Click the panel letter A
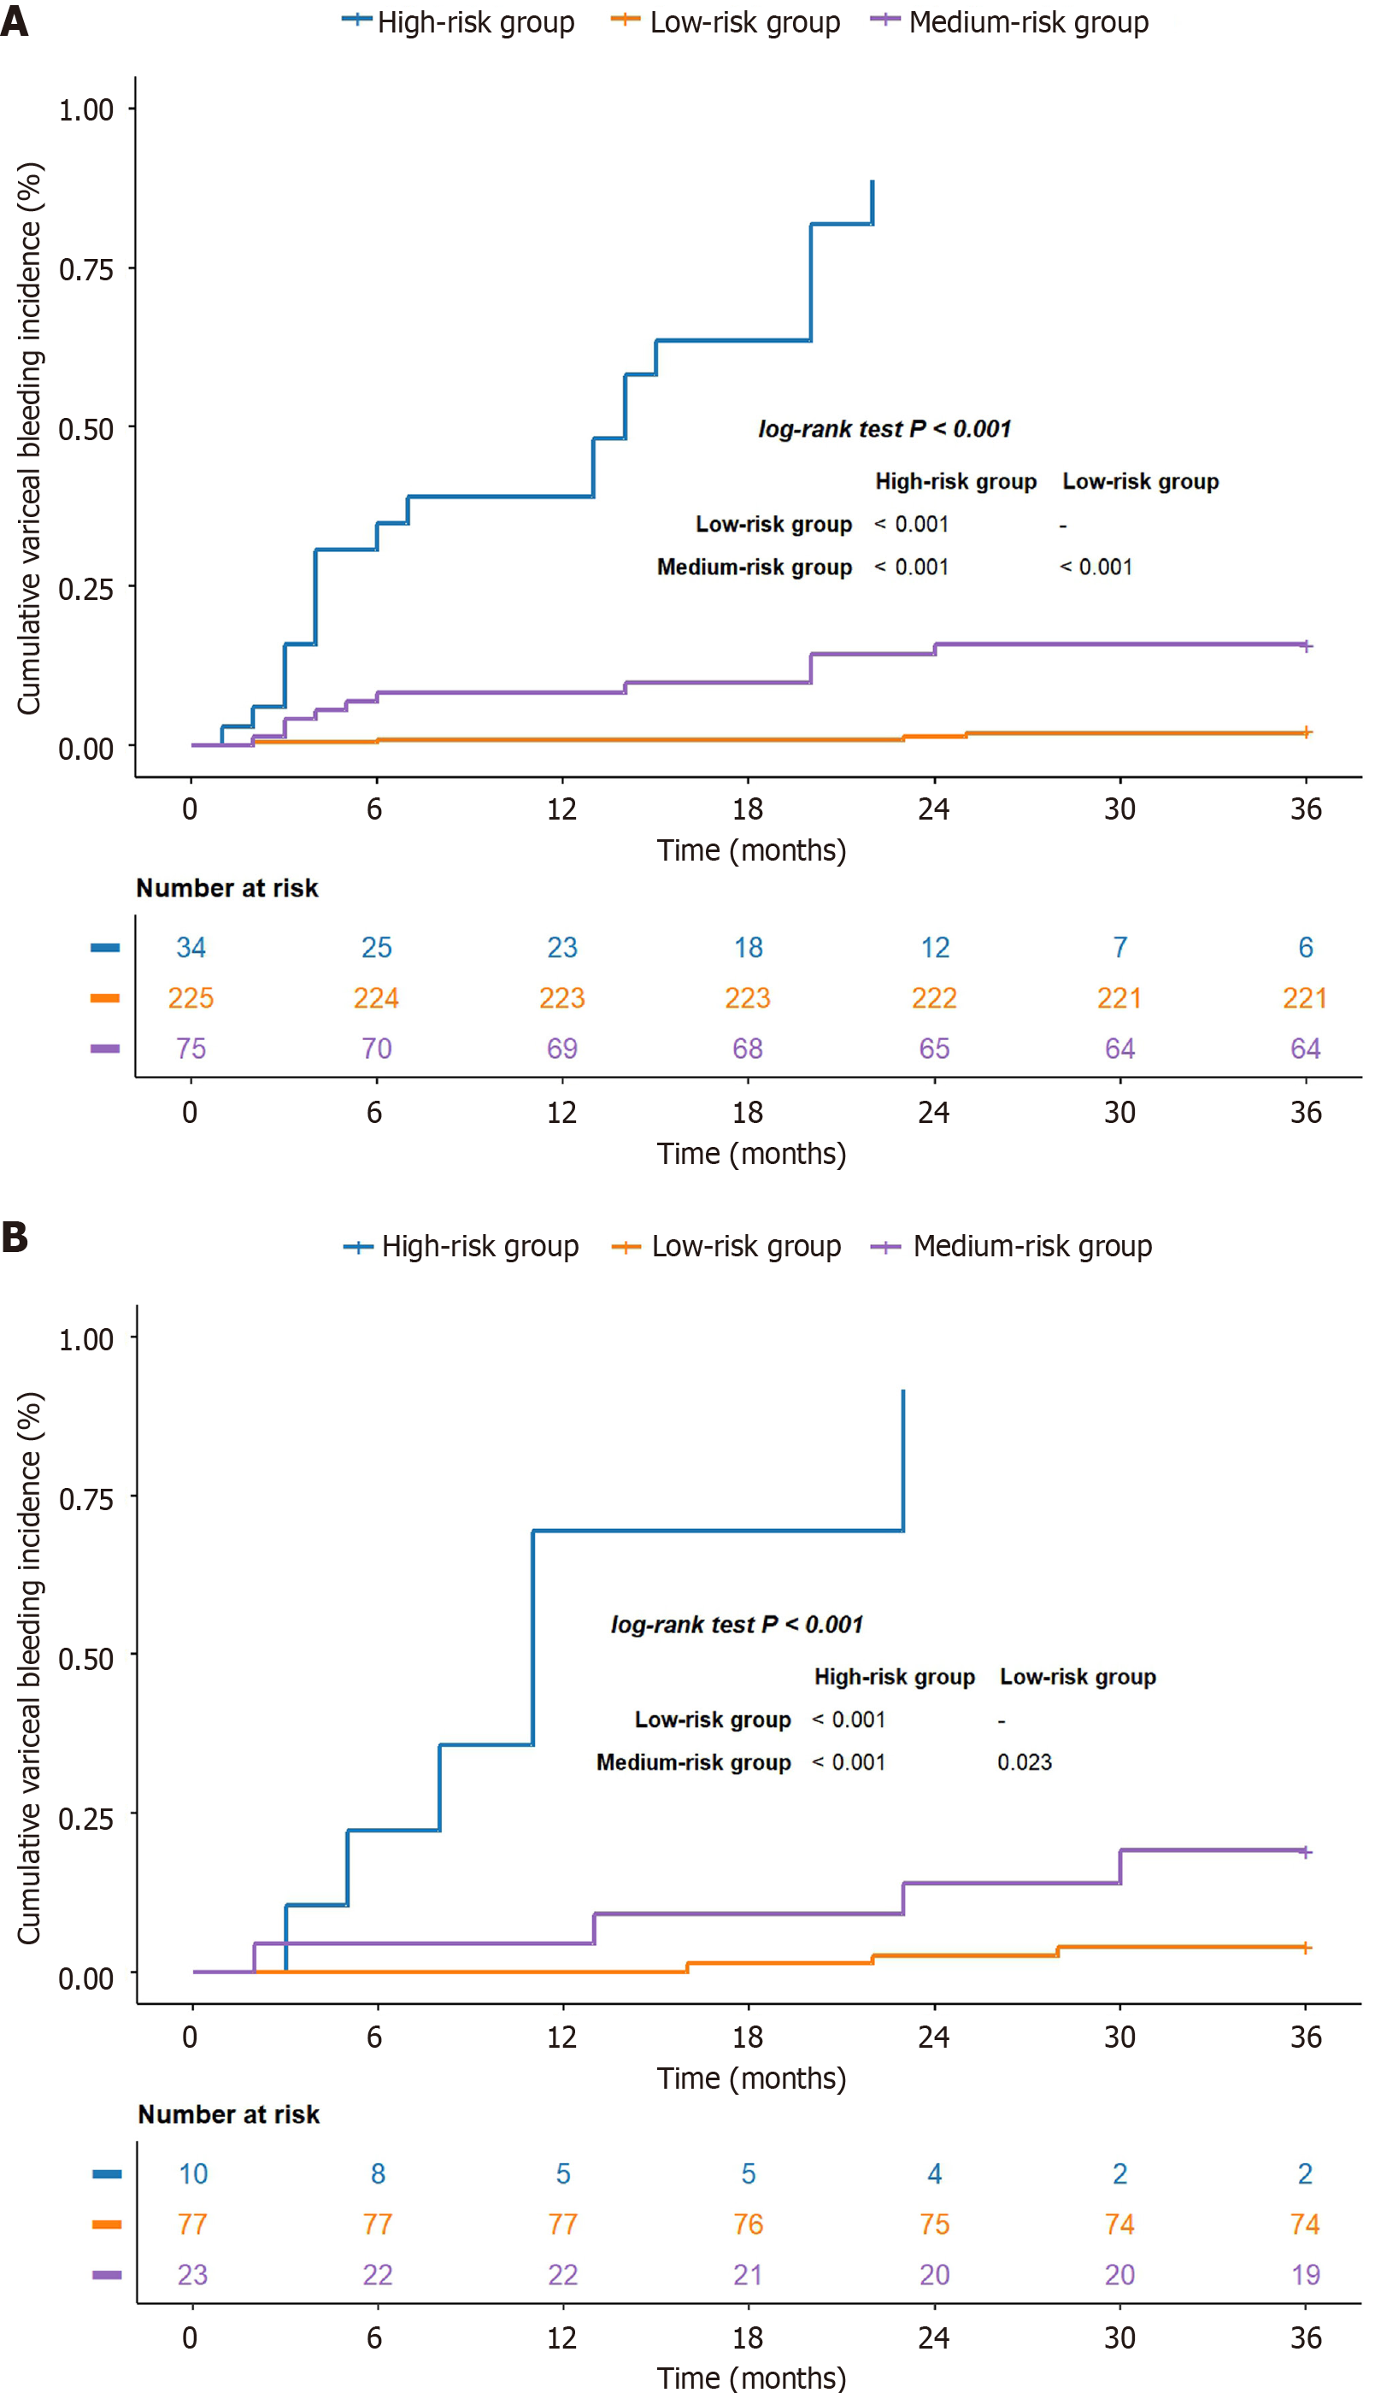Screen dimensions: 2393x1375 coord(15,21)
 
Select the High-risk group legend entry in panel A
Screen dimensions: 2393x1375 coord(459,21)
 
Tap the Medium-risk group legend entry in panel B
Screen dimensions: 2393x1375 coord(1012,1247)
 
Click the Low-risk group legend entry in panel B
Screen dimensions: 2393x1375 coord(726,1247)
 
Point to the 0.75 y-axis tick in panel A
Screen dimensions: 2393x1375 coord(86,270)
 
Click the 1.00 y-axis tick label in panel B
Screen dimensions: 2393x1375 coord(86,1339)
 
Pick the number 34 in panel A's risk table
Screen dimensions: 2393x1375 coord(191,947)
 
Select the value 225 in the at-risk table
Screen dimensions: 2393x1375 coord(191,998)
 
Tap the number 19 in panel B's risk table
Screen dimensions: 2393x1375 coord(1305,2275)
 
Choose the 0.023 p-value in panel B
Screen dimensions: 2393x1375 coord(1025,1762)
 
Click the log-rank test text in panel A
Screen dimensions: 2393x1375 coord(884,429)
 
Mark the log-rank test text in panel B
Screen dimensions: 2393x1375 coord(737,1625)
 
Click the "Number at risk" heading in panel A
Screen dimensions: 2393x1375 coord(227,888)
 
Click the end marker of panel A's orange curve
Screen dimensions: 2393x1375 coord(1306,732)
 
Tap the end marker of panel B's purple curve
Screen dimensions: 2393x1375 coord(1305,1852)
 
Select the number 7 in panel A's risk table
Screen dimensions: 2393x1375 coord(1120,947)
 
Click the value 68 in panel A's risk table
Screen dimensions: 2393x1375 coord(748,1049)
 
